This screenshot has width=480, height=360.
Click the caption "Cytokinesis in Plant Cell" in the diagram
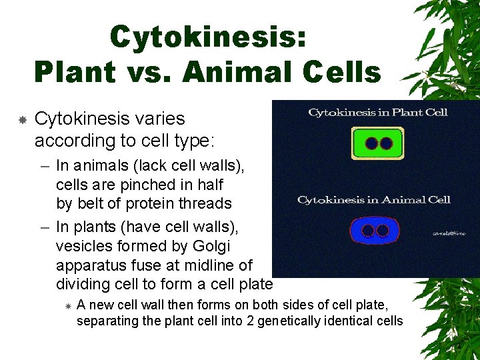pyautogui.click(x=377, y=112)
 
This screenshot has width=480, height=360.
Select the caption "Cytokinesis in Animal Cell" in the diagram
pyautogui.click(x=373, y=199)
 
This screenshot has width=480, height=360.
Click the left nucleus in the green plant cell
pyautogui.click(x=371, y=143)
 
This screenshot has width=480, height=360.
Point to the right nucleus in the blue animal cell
pyautogui.click(x=383, y=231)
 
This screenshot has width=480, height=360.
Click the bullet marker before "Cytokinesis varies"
pyautogui.click(x=22, y=120)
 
